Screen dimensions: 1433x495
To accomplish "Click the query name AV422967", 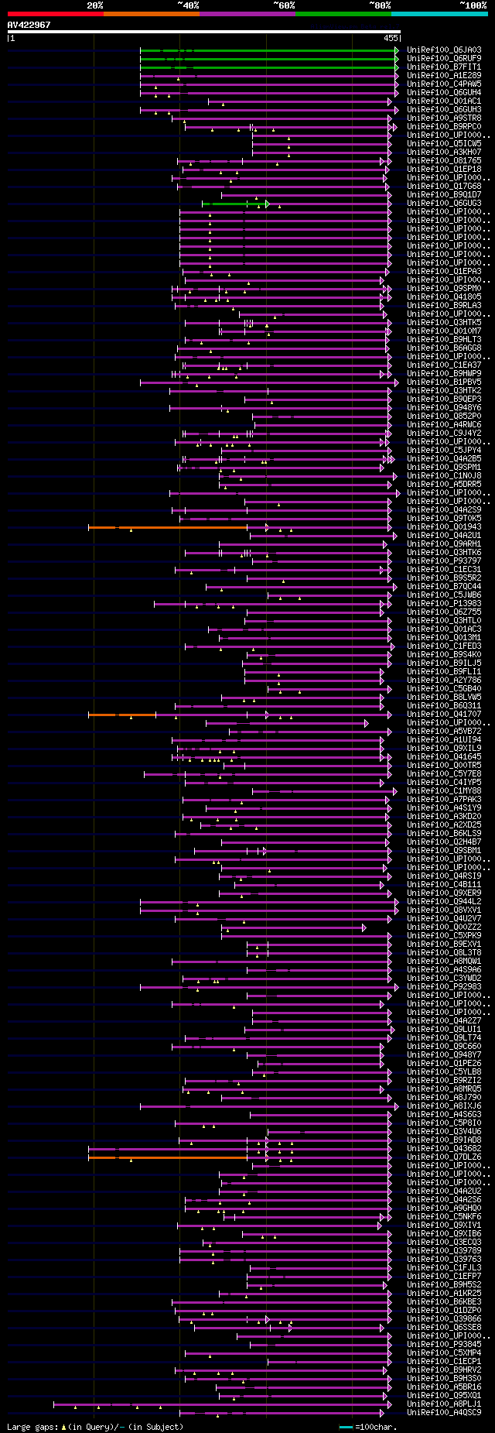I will tap(29, 25).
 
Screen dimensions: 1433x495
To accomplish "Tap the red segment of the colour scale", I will tap(55, 13).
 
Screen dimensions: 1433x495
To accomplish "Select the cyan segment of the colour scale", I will tap(439, 13).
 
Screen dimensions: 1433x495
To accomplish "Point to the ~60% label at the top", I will tap(283, 5).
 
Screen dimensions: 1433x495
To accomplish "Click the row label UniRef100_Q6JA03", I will tap(444, 50).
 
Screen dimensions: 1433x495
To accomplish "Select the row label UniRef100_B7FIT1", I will tap(444, 67).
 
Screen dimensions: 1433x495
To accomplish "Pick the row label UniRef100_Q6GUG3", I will tap(444, 204).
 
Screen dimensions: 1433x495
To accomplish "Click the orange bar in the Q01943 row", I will tap(168, 527).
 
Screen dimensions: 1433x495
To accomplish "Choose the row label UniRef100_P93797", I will tap(444, 561).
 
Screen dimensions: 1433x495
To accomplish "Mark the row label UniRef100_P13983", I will tap(444, 604).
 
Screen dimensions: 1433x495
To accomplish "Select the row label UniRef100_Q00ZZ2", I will tap(444, 927).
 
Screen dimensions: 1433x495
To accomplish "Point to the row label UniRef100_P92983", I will tap(444, 987).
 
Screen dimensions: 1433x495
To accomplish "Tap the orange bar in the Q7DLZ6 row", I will tap(168, 1157).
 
